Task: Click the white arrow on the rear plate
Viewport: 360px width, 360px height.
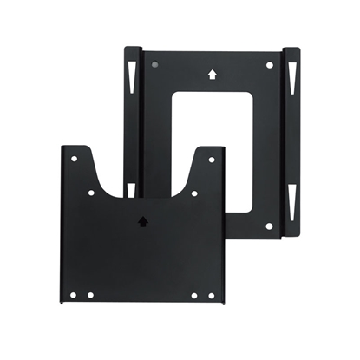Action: point(212,74)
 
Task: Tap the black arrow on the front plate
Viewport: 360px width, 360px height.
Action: point(142,221)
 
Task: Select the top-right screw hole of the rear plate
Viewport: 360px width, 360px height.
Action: point(270,65)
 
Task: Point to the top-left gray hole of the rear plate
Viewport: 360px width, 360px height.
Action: point(154,65)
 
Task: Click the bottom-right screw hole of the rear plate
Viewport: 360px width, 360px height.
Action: point(270,226)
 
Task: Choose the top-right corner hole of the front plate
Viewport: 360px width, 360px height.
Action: point(209,160)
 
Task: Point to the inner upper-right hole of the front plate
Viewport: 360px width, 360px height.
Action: point(193,193)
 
